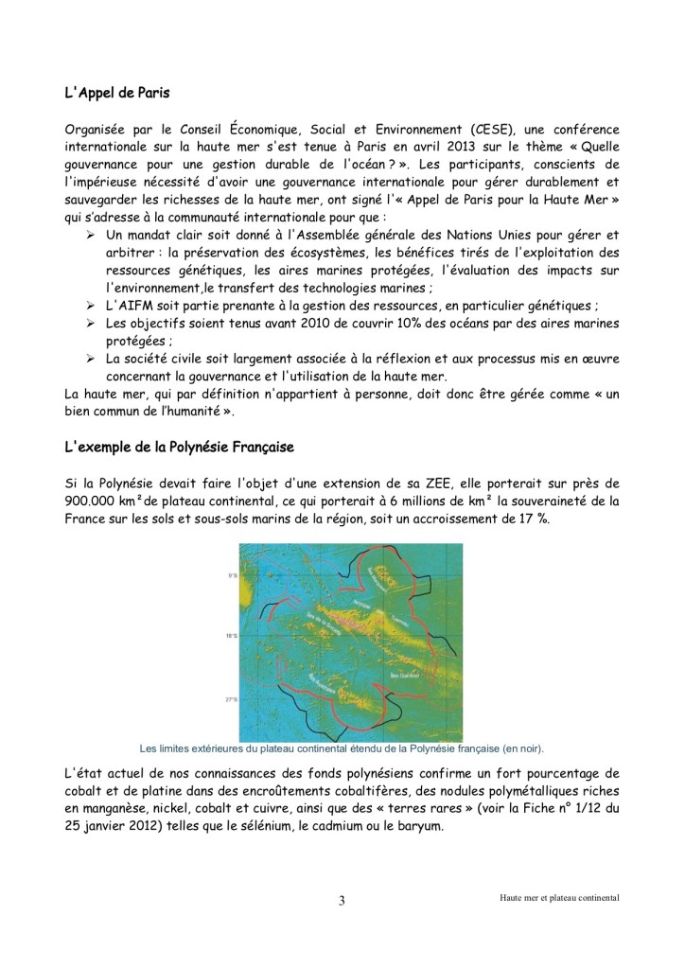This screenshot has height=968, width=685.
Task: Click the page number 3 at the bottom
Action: click(342, 900)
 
